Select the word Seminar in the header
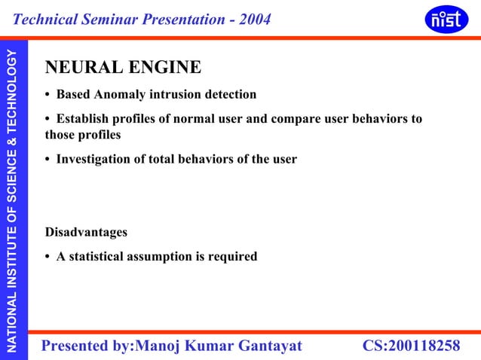point(115,19)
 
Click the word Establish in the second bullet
point(85,120)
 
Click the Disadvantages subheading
point(86,232)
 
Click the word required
point(232,257)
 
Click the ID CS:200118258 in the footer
point(411,346)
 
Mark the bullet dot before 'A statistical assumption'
point(48,258)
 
